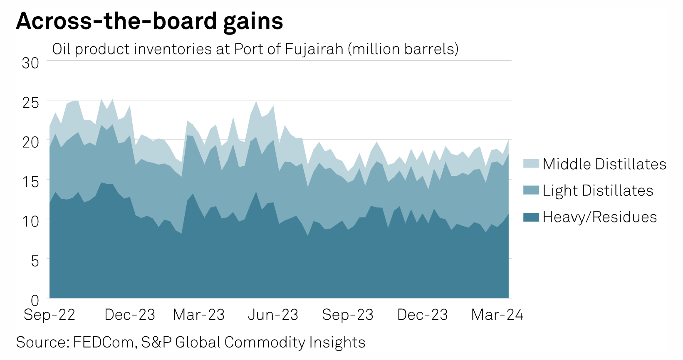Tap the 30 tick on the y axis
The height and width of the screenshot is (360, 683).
pyautogui.click(x=30, y=63)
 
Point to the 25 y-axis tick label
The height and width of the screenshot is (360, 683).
pyautogui.click(x=30, y=103)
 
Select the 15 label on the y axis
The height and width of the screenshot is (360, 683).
pyautogui.click(x=30, y=182)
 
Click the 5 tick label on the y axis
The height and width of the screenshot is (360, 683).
pyautogui.click(x=35, y=261)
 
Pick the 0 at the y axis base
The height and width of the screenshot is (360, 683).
pyautogui.click(x=35, y=300)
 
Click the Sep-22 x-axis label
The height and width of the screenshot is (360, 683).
pyautogui.click(x=49, y=315)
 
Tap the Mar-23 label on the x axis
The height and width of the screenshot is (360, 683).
pyautogui.click(x=198, y=315)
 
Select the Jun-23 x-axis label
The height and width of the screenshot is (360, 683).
pyautogui.click(x=273, y=315)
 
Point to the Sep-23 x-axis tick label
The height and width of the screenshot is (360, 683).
pyautogui.click(x=348, y=315)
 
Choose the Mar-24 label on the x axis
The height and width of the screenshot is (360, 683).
pyautogui.click(x=497, y=315)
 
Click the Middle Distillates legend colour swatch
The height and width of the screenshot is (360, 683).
pyautogui.click(x=531, y=164)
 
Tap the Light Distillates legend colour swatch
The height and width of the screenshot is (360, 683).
pyautogui.click(x=531, y=190)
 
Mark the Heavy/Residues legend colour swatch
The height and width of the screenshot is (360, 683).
pyautogui.click(x=531, y=217)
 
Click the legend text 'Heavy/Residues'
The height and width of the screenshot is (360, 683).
pyautogui.click(x=600, y=217)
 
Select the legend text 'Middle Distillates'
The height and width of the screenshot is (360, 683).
pyautogui.click(x=604, y=164)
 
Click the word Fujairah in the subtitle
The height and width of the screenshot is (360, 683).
pyautogui.click(x=314, y=49)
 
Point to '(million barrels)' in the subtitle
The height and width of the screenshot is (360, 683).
pyautogui.click(x=403, y=49)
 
